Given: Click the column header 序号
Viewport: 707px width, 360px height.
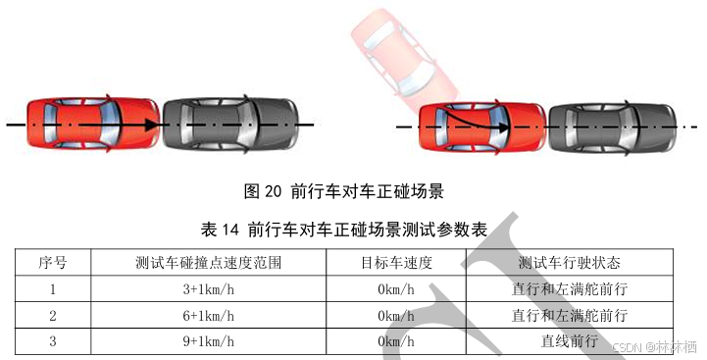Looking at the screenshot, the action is pos(53,262).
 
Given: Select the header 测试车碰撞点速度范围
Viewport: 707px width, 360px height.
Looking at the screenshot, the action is pos(208,262).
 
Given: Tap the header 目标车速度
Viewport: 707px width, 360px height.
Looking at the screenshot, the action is pos(396,262).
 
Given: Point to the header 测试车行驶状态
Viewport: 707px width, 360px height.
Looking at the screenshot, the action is pos(569,262).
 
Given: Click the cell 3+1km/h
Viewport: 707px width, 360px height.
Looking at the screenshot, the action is pos(208,288).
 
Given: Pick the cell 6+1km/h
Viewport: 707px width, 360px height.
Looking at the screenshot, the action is pos(208,315).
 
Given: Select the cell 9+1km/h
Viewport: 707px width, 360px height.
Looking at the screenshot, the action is pos(208,341).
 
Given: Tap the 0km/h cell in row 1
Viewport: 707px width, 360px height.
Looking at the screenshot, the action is pos(396,288).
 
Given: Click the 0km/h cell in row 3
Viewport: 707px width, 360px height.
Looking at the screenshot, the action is pos(396,341).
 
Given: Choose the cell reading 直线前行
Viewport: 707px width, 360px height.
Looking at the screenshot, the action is pos(570,340).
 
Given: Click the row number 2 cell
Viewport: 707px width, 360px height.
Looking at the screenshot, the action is pos(53,315).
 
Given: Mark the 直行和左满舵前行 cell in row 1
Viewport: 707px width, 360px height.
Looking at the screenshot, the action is pos(570,288).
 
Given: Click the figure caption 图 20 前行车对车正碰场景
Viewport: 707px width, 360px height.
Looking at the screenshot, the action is pos(343,191).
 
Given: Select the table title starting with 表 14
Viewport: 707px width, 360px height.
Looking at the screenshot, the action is pos(343,230).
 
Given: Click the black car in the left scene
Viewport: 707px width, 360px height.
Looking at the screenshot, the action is pos(230,124).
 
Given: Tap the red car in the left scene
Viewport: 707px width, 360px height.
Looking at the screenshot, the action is pos(93,124).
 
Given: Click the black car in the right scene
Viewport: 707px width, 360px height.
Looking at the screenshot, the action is pos(612,128).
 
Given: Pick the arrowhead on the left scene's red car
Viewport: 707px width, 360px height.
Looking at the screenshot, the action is pos(151,124).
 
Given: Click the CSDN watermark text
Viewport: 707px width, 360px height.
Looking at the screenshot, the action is pos(655,347).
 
